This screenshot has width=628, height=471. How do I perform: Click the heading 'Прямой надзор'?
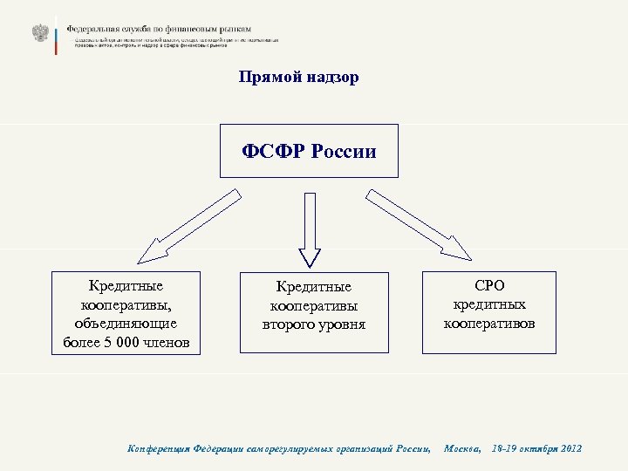(x=298, y=78)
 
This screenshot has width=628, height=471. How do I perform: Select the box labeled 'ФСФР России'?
(x=310, y=151)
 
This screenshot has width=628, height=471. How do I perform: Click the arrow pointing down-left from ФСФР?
(x=188, y=228)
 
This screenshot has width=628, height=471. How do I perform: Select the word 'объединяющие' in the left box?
(x=126, y=323)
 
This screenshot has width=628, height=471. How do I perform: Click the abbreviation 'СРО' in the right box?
(x=489, y=286)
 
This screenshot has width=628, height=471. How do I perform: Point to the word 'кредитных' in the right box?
(x=489, y=304)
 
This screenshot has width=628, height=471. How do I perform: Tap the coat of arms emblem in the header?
(x=40, y=33)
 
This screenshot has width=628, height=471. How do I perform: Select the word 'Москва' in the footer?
(x=462, y=448)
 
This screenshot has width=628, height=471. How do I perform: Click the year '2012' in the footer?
(x=566, y=448)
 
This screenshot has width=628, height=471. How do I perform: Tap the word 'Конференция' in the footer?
(x=156, y=448)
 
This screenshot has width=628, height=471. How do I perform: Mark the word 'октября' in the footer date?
(x=531, y=448)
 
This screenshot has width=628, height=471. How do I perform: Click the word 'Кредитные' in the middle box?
(x=313, y=287)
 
